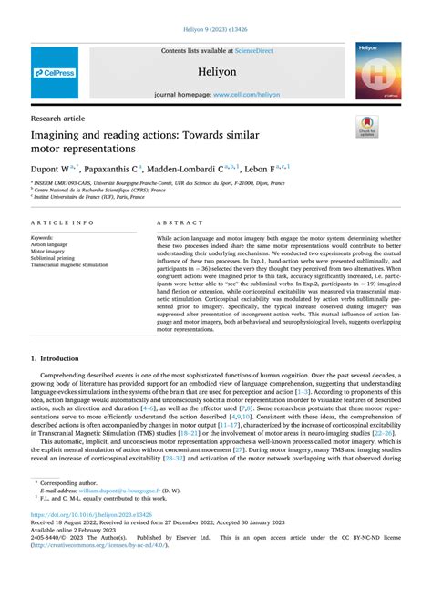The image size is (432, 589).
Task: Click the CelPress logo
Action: tap(56, 72)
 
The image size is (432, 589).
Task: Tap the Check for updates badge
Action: tap(367, 126)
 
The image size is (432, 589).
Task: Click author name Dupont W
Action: tap(52, 169)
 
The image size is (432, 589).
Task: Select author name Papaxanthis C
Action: tap(115, 169)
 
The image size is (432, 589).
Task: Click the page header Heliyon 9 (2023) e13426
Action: tap(216, 31)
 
